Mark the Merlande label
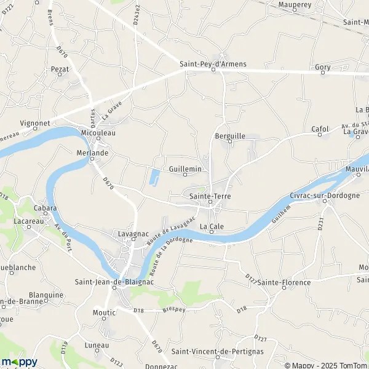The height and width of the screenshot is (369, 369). (92, 153)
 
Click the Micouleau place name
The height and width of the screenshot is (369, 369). (98, 132)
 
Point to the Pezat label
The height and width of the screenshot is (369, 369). (60, 69)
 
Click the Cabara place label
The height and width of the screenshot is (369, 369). (46, 208)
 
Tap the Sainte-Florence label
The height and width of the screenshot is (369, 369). (284, 282)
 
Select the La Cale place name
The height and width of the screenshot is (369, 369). (211, 226)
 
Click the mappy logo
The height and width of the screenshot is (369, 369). (19, 362)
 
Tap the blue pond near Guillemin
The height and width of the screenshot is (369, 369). (154, 178)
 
